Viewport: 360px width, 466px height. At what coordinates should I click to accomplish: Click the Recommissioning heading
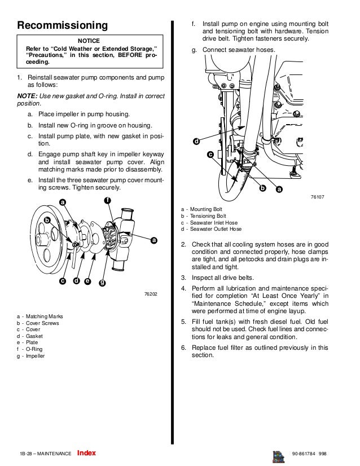(62, 25)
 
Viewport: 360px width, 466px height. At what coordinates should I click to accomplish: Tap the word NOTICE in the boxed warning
(89, 41)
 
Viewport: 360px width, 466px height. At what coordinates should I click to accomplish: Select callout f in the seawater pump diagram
(107, 201)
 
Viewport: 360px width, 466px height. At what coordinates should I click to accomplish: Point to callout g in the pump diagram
(102, 282)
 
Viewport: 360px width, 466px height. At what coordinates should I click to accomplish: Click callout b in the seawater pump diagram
(47, 219)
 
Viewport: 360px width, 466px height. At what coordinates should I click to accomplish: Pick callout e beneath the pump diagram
(87, 281)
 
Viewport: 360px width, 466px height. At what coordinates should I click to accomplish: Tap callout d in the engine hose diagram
(196, 141)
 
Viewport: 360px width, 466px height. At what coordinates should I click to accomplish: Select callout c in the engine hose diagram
(210, 153)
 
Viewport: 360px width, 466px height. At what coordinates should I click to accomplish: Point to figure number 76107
(318, 197)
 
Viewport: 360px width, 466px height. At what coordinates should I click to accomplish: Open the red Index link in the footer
(86, 453)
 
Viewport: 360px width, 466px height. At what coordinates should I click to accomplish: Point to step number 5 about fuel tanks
(183, 322)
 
